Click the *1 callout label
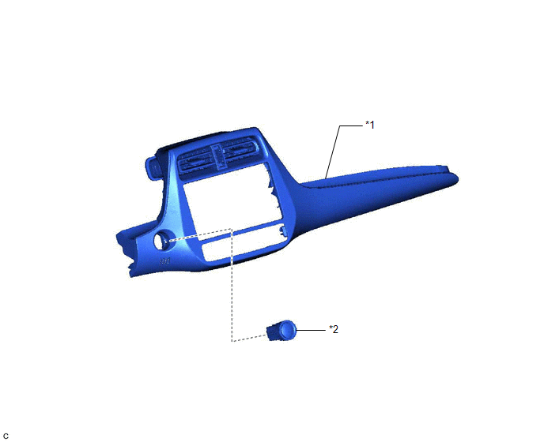[x=370, y=125]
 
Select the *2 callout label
[x=334, y=329]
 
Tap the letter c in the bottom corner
[x=6, y=436]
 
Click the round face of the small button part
[x=287, y=330]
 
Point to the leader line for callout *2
[x=311, y=330]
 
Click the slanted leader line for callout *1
[x=333, y=152]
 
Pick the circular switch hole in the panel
[x=161, y=241]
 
